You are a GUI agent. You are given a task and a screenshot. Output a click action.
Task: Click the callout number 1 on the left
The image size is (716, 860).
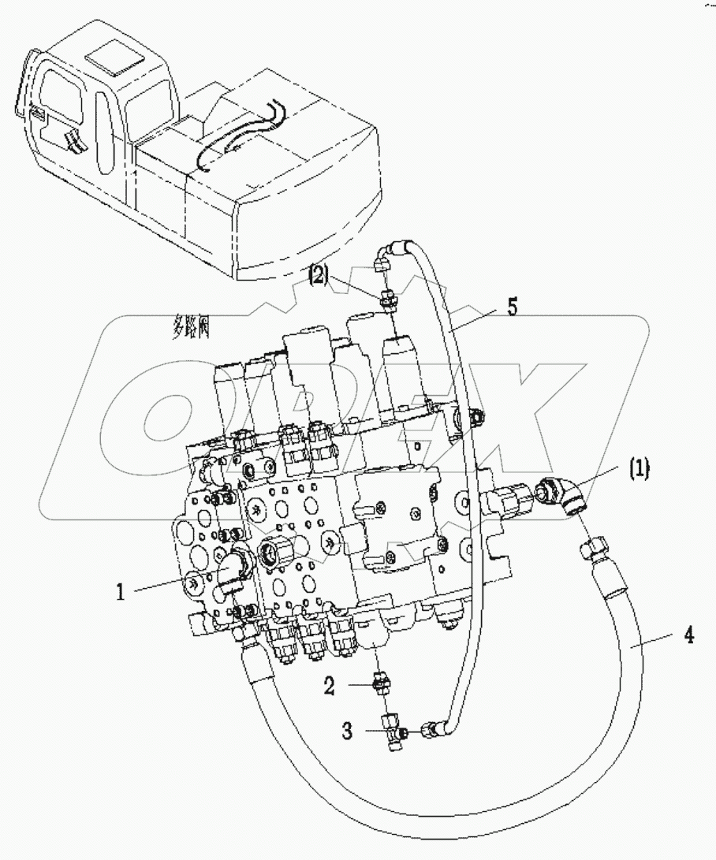point(120,591)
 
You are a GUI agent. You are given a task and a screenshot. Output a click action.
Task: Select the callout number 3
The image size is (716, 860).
point(347,732)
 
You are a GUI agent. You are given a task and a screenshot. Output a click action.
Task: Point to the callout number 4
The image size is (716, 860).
point(688,635)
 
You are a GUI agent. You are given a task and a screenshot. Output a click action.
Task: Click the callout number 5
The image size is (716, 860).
point(513,307)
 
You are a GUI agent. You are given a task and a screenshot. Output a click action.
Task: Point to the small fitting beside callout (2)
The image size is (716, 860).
point(387,299)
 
